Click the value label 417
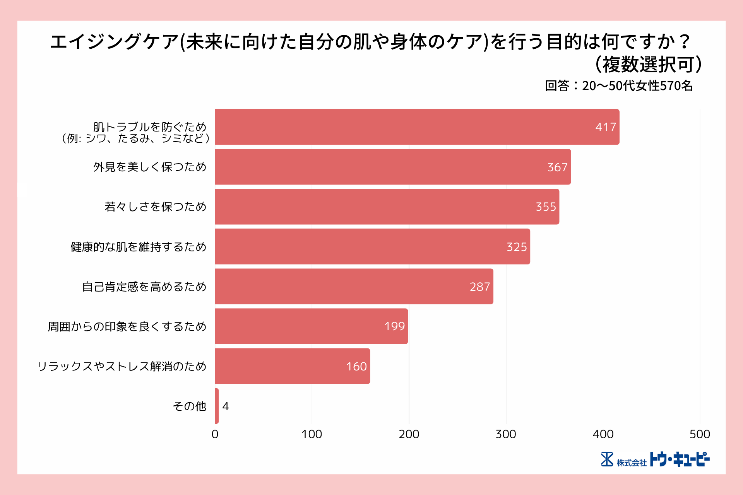(605, 127)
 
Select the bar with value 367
(392, 167)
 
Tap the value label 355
(546, 207)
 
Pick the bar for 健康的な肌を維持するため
(372, 247)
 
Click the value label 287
(480, 287)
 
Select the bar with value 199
(311, 326)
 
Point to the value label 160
(356, 366)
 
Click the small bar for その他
(217, 406)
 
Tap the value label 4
(226, 406)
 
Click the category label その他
(189, 406)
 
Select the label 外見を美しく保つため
(150, 167)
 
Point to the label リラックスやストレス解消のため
(122, 366)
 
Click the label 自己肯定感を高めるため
(144, 287)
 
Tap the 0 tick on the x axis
(215, 434)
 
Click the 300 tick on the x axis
(506, 434)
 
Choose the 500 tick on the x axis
(700, 434)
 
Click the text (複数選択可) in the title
(648, 65)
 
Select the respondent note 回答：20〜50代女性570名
(618, 86)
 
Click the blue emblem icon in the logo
(607, 459)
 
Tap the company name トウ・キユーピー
(679, 459)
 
